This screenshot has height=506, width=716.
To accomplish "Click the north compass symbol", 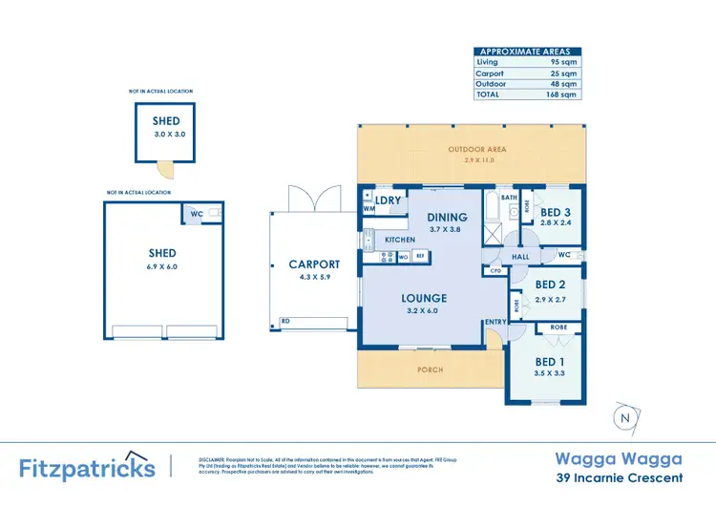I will click(x=624, y=417).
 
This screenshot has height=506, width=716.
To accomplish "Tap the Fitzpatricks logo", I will click(x=87, y=467).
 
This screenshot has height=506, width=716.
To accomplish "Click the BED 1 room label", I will click(x=549, y=361).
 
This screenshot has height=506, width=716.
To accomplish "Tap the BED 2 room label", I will click(x=550, y=285).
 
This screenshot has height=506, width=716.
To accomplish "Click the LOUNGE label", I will click(x=424, y=298).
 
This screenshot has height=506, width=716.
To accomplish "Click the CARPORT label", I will click(x=314, y=264).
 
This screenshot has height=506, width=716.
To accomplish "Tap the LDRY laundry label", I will click(x=388, y=200).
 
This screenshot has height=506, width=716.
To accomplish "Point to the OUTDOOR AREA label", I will click(x=477, y=150).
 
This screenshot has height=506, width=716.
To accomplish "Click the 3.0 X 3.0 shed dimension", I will click(x=168, y=135).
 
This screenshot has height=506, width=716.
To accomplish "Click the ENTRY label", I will click(x=495, y=323).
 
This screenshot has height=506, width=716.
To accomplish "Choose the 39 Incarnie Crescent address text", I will click(x=619, y=477).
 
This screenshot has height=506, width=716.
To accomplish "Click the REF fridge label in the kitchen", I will click(x=420, y=256).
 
